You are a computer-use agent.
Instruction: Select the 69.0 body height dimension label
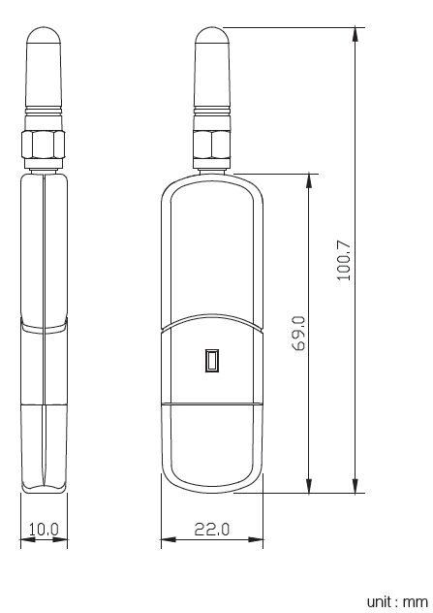point(298,332)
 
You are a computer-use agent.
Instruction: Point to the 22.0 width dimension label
point(213,530)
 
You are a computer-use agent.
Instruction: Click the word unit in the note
point(382,601)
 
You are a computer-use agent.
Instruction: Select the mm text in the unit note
point(417,601)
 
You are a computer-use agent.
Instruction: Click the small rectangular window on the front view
point(212,362)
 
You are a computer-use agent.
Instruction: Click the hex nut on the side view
point(45,146)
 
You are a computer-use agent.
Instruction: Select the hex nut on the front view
point(212,146)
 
